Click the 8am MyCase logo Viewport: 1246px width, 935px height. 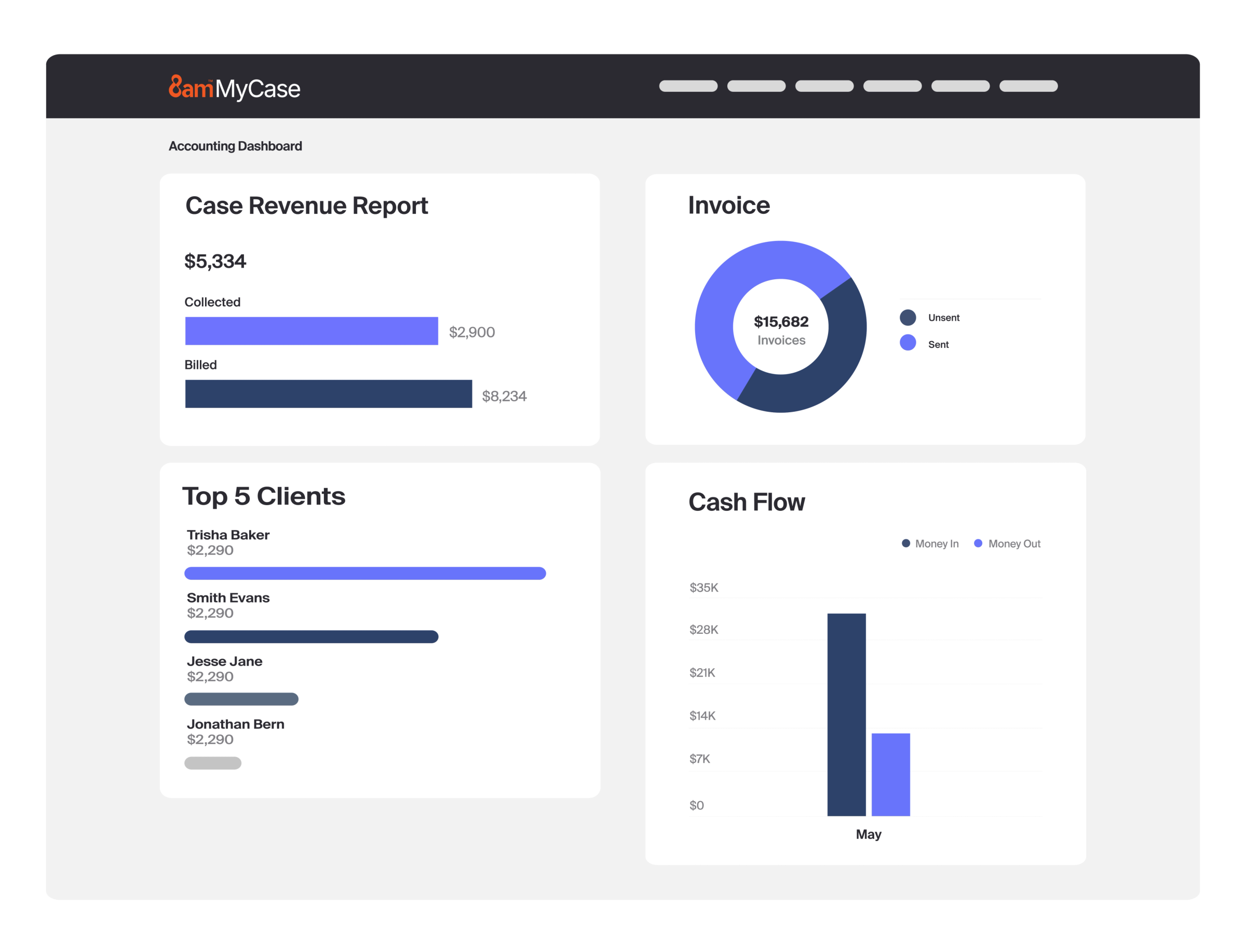(x=234, y=88)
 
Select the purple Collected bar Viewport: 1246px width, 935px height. (x=311, y=331)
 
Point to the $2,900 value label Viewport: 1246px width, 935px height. (x=471, y=332)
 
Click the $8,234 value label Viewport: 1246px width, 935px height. (x=504, y=397)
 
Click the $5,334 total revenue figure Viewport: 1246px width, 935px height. (x=215, y=261)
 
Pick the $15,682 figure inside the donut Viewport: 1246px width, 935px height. (x=781, y=322)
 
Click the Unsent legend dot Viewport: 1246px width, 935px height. (x=908, y=318)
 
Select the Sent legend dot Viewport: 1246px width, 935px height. (x=908, y=343)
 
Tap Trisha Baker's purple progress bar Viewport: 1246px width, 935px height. (x=364, y=573)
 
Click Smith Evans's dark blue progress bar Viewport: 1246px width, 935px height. (x=311, y=636)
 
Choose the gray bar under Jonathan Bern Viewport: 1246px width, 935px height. (x=213, y=763)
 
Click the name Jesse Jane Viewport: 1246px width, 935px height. (x=224, y=661)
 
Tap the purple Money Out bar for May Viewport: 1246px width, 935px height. (x=890, y=775)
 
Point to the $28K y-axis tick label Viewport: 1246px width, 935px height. (x=703, y=630)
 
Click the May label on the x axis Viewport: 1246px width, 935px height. (x=868, y=834)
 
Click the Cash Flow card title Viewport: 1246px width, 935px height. (x=747, y=502)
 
